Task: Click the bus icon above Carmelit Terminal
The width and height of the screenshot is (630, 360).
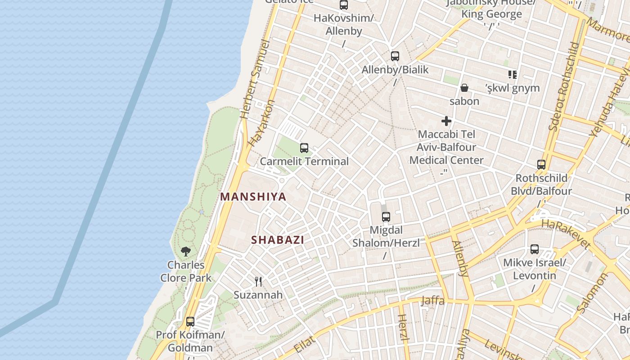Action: [304, 148]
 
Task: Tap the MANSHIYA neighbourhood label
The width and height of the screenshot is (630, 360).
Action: [253, 197]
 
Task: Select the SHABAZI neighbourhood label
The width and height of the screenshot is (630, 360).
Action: [278, 240]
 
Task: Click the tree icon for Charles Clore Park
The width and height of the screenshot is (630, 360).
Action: [186, 252]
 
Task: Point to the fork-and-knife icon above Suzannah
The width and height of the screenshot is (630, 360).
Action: [258, 282]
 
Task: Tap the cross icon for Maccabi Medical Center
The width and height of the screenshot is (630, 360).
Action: [446, 121]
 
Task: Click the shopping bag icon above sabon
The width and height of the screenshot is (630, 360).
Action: [464, 88]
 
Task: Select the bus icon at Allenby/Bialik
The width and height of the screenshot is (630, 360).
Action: [395, 56]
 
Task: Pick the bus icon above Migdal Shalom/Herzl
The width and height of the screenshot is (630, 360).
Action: [386, 217]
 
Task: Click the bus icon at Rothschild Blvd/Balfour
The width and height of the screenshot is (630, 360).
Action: [541, 165]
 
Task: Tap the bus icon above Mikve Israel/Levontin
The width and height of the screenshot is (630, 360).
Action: [535, 249]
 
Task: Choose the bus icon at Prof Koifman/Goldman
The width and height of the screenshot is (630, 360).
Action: [190, 322]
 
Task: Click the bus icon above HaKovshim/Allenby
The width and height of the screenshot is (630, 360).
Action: [344, 5]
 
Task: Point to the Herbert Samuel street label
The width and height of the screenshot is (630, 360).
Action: [255, 79]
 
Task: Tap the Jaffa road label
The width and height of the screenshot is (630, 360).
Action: [433, 301]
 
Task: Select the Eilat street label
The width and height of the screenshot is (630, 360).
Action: [306, 344]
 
